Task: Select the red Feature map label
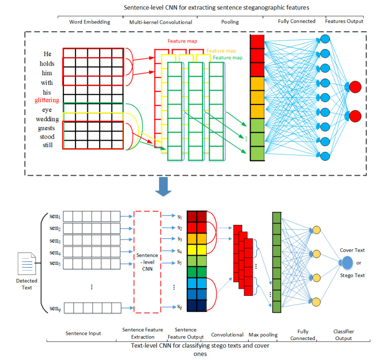point(182,41)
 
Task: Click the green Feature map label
point(227,58)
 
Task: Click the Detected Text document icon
point(27,265)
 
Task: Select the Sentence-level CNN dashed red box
point(147,263)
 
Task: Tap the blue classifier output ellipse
point(348,263)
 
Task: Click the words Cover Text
point(352,250)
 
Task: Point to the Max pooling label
point(263,335)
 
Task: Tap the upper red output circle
point(355,87)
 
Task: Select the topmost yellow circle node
point(316,230)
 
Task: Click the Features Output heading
point(344,21)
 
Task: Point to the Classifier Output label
point(343,335)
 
